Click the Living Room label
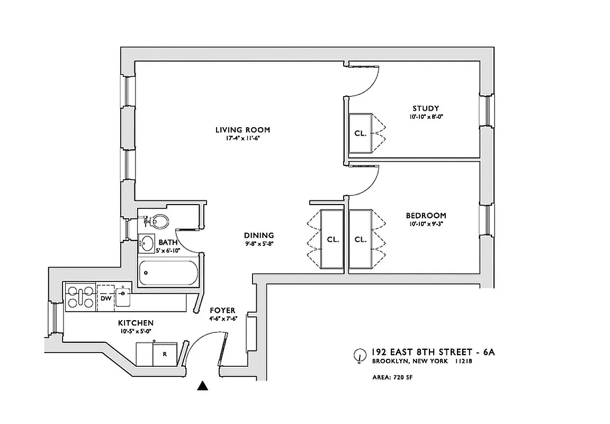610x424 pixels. point(243,129)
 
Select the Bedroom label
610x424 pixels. point(426,216)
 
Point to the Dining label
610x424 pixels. point(259,235)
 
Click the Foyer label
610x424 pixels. point(222,310)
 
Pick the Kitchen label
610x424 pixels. point(136,323)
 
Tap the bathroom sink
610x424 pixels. point(147,243)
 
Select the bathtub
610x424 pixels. point(168,273)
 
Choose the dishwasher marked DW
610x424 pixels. point(106,298)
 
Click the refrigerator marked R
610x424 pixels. point(165,354)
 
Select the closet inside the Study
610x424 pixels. point(360,133)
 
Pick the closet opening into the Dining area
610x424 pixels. point(333,239)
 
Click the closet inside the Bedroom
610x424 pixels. point(361,239)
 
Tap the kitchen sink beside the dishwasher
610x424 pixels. point(123,296)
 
